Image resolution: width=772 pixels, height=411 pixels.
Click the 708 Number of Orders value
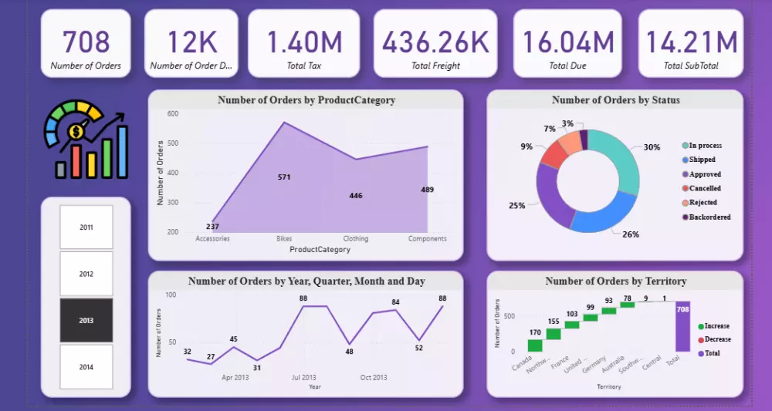pyautogui.click(x=86, y=42)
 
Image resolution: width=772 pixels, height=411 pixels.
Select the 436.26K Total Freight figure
pyautogui.click(x=436, y=42)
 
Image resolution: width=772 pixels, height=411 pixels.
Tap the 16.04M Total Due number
pyautogui.click(x=567, y=42)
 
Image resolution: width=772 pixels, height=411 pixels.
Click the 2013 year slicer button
pyautogui.click(x=86, y=320)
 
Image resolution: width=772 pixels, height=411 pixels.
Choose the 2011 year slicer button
pyautogui.click(x=86, y=227)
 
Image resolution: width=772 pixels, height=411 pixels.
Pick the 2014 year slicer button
pyautogui.click(x=86, y=367)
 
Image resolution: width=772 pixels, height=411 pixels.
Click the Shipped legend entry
pyautogui.click(x=703, y=160)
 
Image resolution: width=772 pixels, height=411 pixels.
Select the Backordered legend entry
pyautogui.click(x=709, y=217)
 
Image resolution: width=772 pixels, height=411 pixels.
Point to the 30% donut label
pyautogui.click(x=652, y=147)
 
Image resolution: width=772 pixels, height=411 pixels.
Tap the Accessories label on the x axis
pyautogui.click(x=212, y=239)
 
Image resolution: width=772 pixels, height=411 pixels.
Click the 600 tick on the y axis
pyautogui.click(x=172, y=113)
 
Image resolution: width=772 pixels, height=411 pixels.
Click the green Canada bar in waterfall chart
pyautogui.click(x=535, y=345)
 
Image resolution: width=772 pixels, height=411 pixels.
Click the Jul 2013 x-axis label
pyautogui.click(x=303, y=378)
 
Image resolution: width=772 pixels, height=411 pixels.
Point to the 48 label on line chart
pyautogui.click(x=349, y=352)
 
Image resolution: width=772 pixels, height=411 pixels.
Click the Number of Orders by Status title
pyautogui.click(x=615, y=100)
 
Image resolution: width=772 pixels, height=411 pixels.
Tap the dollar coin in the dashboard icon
pyautogui.click(x=76, y=133)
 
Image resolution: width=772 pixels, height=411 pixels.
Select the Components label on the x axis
pyautogui.click(x=427, y=239)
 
